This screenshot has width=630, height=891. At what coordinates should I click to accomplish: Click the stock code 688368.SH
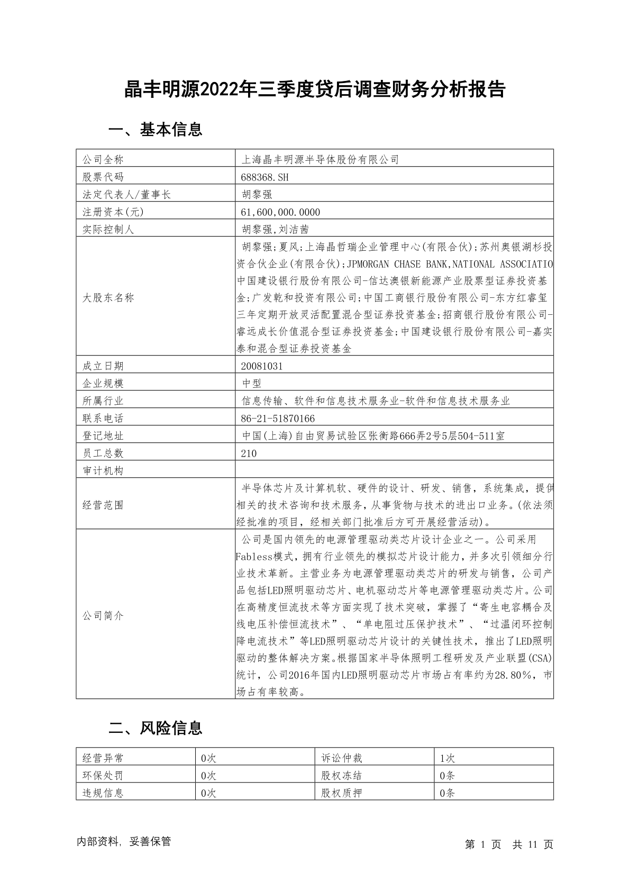point(265,177)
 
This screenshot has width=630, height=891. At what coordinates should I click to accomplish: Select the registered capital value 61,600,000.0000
point(280,212)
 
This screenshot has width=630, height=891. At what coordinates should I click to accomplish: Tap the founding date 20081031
point(262,366)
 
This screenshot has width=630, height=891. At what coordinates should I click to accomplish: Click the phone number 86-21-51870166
point(278,419)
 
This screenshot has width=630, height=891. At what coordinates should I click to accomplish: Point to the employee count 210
point(249,453)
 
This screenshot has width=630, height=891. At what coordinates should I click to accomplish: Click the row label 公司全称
point(103,160)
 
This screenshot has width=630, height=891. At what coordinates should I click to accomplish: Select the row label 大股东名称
point(108,298)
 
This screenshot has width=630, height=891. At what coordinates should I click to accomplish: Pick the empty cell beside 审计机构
point(394,470)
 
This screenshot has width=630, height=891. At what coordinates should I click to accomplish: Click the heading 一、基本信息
point(155,130)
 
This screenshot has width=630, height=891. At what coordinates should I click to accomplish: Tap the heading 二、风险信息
point(155,729)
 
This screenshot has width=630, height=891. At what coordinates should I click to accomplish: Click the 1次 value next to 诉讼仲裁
point(448,758)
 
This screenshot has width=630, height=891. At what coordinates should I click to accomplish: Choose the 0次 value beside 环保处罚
point(209,776)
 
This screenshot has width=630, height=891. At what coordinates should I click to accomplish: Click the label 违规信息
point(103,793)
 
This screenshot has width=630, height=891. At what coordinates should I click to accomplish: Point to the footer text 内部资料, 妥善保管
point(124,841)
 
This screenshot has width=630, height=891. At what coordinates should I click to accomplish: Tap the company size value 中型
point(251,384)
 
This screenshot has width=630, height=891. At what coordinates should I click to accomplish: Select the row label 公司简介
point(103,616)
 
